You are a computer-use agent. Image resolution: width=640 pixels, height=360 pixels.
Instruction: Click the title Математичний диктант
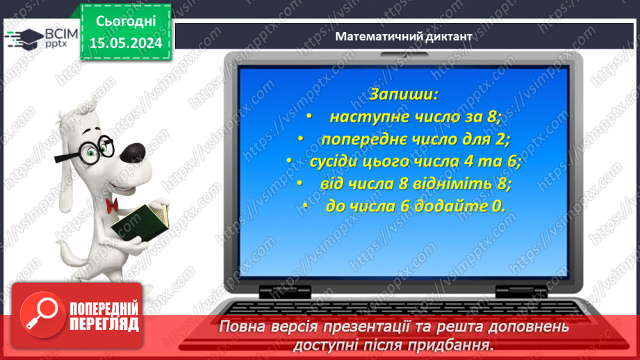404,37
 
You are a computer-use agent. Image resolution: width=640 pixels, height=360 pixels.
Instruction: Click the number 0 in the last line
499,206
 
